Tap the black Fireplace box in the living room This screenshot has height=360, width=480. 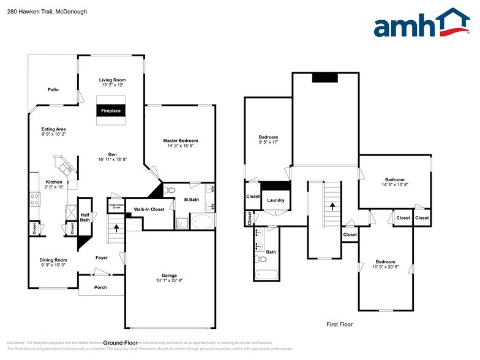tap(111, 111)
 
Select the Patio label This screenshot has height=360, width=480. tap(53, 90)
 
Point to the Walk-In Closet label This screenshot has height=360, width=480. tap(149, 209)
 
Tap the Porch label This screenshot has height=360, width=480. tap(100, 287)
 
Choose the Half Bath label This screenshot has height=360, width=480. tap(85, 217)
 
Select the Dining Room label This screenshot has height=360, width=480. tap(53, 260)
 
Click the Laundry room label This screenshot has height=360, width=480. tap(276, 200)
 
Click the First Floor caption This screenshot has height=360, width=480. tap(339, 324)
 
